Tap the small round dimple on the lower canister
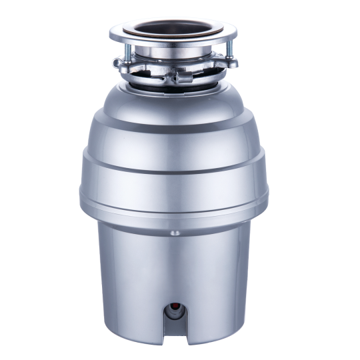pos(175,233)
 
